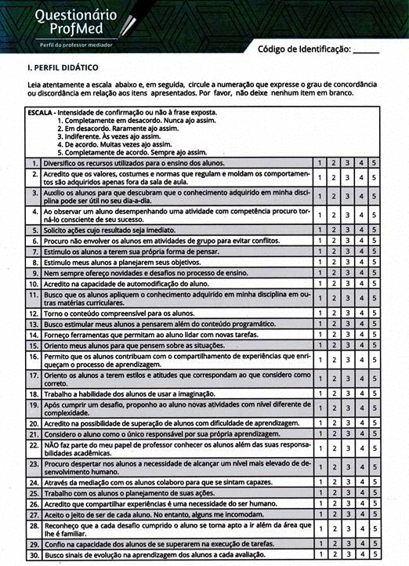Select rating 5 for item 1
click(374, 162)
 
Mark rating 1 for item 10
click(320, 283)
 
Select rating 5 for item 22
click(374, 448)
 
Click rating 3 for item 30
click(347, 555)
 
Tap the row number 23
click(34, 468)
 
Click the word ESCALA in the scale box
click(40, 113)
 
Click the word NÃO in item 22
click(52, 444)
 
